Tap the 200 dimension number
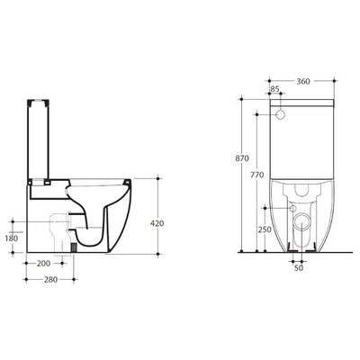44,262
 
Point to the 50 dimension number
297,266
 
